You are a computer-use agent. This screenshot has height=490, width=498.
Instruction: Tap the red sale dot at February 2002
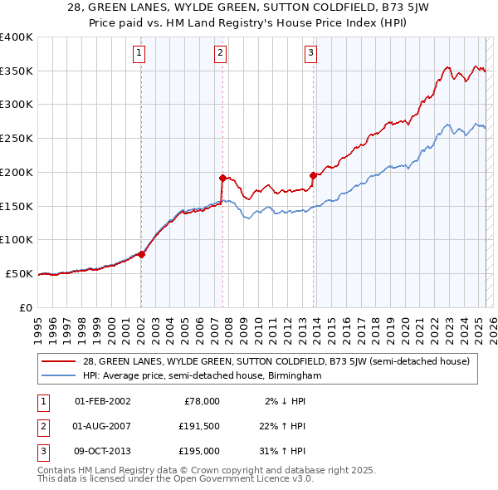coord(141,254)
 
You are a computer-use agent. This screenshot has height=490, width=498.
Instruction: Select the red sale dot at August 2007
coord(222,177)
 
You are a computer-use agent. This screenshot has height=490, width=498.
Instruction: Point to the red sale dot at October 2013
coord(313,175)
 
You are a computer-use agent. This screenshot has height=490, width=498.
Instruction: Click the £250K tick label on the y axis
coord(17,138)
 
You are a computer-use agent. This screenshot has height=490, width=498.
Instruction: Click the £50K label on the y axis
coord(20,273)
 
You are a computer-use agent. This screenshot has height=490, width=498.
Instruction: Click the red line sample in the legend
coord(60,361)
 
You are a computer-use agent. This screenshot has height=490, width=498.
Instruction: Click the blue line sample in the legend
coord(60,375)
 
